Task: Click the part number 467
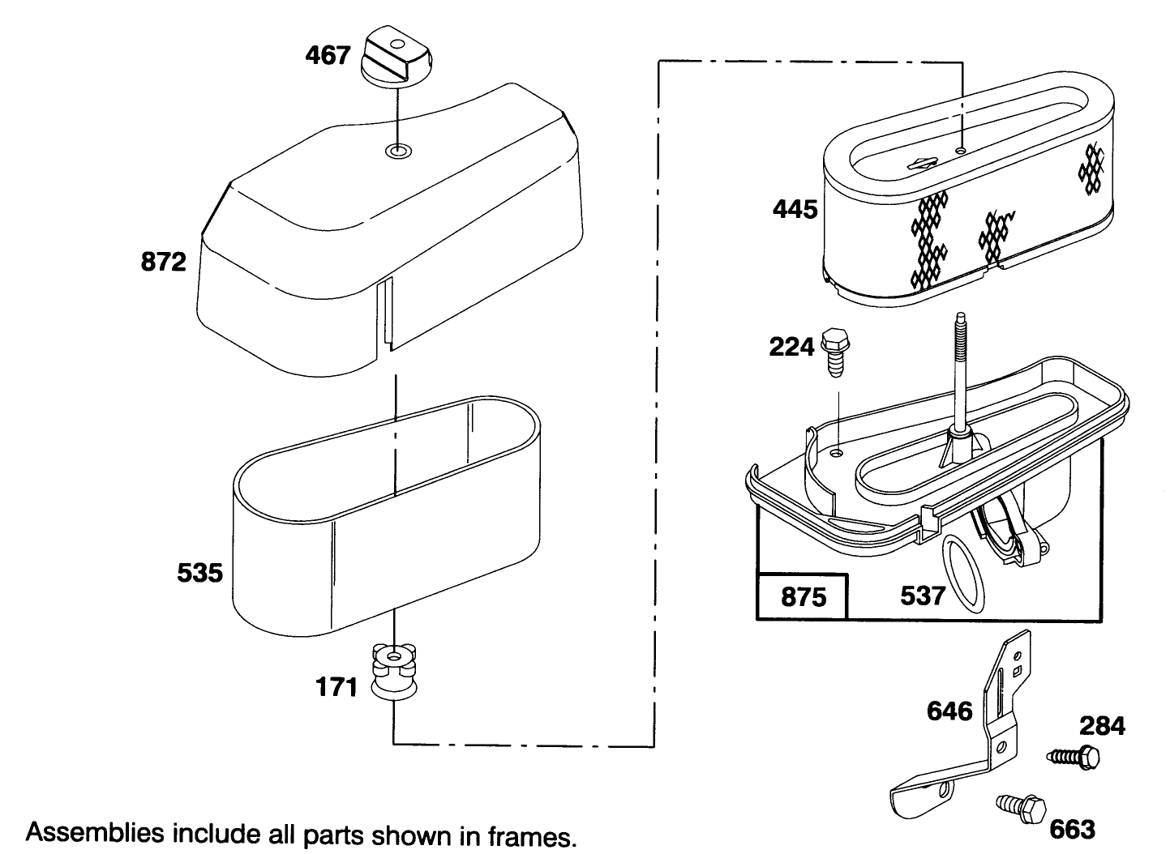tap(328, 55)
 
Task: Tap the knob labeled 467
tap(396, 55)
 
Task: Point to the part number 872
tap(164, 262)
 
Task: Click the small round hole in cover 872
tap(398, 152)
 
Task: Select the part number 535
tap(199, 573)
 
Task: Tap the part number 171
tap(336, 687)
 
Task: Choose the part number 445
tap(795, 210)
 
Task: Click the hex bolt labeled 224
tap(835, 352)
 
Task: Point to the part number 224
tap(791, 347)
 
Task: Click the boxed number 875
tap(804, 596)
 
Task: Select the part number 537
tap(923, 596)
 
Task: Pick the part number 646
tap(949, 711)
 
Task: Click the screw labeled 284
tap(1073, 757)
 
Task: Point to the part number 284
tap(1102, 726)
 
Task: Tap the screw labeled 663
tap(1021, 809)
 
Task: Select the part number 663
tap(1072, 830)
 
